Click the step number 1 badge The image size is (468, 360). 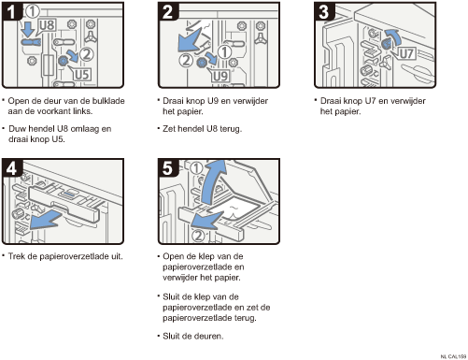pyautogui.click(x=11, y=11)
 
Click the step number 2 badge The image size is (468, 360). pyautogui.click(x=168, y=11)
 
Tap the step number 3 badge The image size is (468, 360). pyautogui.click(x=324, y=11)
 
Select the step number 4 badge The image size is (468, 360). pyautogui.click(x=11, y=168)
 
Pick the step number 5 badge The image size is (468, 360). pyautogui.click(x=168, y=168)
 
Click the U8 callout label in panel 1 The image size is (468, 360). pyautogui.click(x=48, y=25)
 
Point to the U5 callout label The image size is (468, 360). pyautogui.click(x=81, y=75)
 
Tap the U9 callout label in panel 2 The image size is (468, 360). pyautogui.click(x=220, y=76)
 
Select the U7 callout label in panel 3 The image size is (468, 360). pyautogui.click(x=406, y=53)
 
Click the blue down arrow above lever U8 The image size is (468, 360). pyautogui.click(x=29, y=30)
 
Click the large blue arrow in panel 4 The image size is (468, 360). pyautogui.click(x=46, y=220)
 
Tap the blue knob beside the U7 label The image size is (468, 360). pyautogui.click(x=386, y=44)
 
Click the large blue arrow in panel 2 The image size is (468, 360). pyautogui.click(x=189, y=40)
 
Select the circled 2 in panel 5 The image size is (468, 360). pyautogui.click(x=198, y=236)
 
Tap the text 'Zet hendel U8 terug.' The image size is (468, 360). pyautogui.click(x=202, y=128)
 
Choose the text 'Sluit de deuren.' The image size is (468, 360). pyautogui.click(x=193, y=336)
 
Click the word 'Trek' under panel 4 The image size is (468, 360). pyautogui.click(x=16, y=256)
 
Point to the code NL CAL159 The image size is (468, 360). pyautogui.click(x=453, y=356)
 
